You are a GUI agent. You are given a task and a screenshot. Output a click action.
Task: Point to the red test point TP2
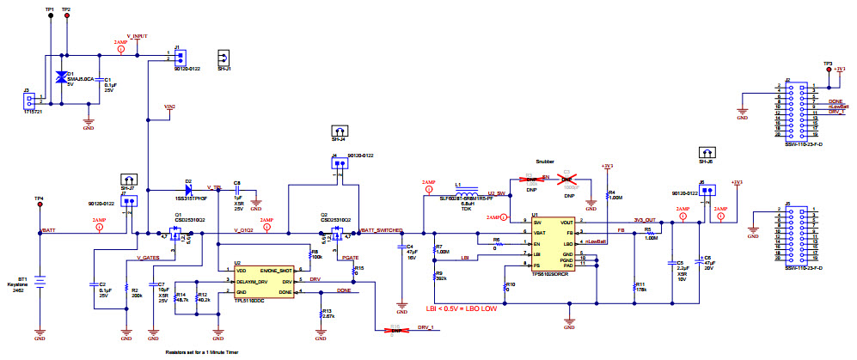[67, 16]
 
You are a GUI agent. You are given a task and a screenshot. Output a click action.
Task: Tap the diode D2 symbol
[187, 192]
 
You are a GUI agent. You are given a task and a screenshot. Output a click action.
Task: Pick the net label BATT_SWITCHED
[381, 229]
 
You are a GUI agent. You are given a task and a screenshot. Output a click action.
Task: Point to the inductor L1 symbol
[468, 192]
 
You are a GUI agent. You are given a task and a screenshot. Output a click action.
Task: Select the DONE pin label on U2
[286, 291]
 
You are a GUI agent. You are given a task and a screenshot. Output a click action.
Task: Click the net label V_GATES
[149, 257]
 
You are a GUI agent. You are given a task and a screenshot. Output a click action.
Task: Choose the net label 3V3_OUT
[645, 220]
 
